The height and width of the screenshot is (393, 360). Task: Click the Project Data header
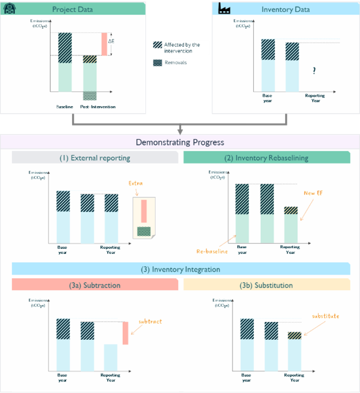pyautogui.click(x=72, y=9)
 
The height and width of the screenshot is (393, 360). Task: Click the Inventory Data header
pyautogui.click(x=286, y=9)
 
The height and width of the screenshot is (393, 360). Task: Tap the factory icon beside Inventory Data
pyautogui.click(x=224, y=9)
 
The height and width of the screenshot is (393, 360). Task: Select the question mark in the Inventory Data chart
pyautogui.click(x=314, y=70)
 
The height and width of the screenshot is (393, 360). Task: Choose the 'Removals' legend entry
pyautogui.click(x=175, y=62)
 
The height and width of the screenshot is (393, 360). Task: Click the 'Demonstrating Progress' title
pyautogui.click(x=179, y=142)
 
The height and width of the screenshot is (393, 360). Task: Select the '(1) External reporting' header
pyautogui.click(x=95, y=158)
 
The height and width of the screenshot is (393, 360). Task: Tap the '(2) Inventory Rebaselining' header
pyautogui.click(x=267, y=158)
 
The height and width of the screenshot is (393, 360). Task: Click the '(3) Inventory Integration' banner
pyautogui.click(x=180, y=269)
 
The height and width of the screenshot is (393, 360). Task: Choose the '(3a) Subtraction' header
pyautogui.click(x=95, y=285)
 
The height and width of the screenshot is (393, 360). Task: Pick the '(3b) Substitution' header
pyautogui.click(x=266, y=285)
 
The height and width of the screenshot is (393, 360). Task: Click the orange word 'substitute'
pyautogui.click(x=325, y=316)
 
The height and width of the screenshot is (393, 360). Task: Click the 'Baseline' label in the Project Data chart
pyautogui.click(x=64, y=107)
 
